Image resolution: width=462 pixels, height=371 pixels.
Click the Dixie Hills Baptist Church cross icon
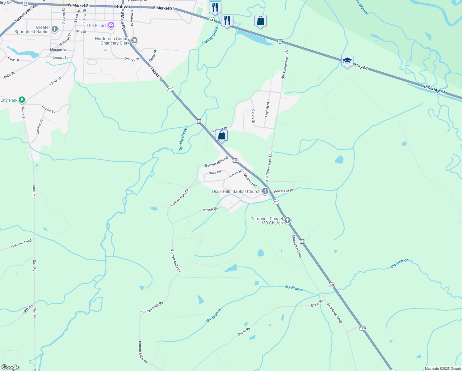[x=265, y=191]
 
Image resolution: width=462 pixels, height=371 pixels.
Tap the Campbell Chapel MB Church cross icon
[x=287, y=220]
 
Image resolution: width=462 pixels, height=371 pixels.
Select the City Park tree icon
[x=22, y=100]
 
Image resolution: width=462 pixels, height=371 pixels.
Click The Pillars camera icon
[x=111, y=25]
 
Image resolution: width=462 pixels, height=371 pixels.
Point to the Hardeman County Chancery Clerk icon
[x=134, y=41]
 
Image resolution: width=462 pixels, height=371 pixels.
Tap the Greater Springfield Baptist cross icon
[x=55, y=29]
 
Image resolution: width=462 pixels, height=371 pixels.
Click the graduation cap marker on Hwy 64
[x=347, y=61]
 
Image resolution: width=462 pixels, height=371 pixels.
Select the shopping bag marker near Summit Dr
[x=221, y=135]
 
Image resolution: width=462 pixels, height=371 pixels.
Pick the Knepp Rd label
[x=210, y=209]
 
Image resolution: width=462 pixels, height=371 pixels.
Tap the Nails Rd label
[x=215, y=173]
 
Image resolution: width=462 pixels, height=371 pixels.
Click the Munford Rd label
[x=250, y=181]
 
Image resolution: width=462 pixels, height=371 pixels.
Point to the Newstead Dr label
[x=283, y=191]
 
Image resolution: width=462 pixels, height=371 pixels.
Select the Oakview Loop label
[x=21, y=244]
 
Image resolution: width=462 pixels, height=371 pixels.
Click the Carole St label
[x=253, y=116]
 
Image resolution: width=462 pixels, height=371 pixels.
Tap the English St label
[x=267, y=109]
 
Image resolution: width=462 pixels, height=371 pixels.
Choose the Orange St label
[x=132, y=59]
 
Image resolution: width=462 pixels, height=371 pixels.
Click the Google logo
[x=10, y=367]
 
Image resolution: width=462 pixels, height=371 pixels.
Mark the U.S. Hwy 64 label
[x=435, y=90]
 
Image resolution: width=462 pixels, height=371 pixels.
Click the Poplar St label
[x=48, y=109]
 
